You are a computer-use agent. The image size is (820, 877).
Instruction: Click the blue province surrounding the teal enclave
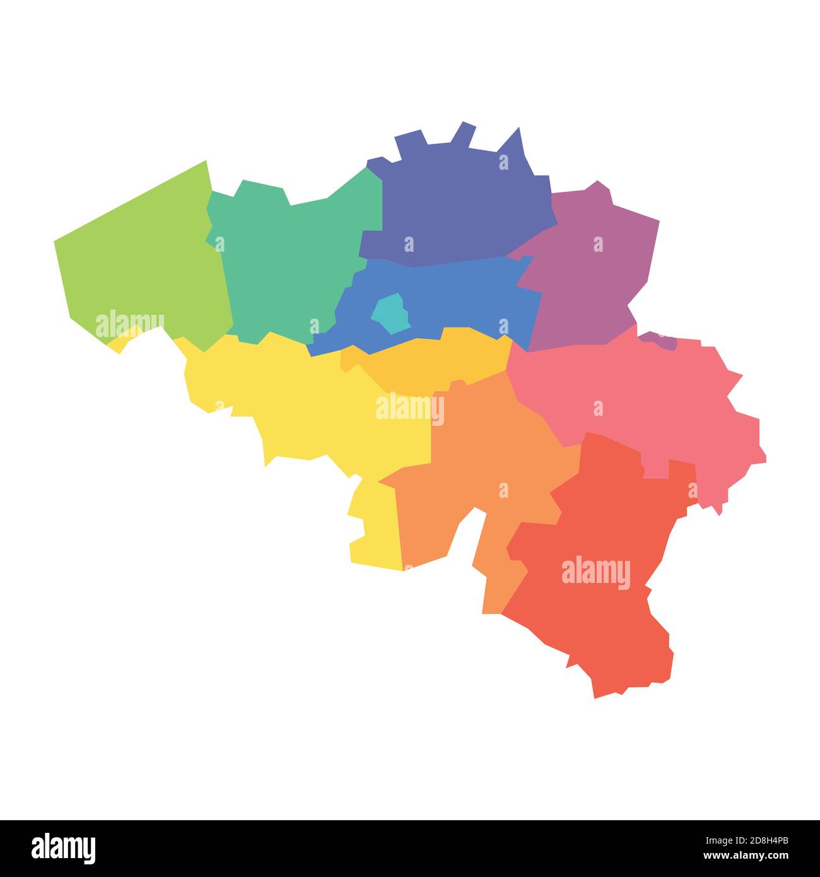point(454,297)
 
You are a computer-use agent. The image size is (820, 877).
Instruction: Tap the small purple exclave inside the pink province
point(659,341)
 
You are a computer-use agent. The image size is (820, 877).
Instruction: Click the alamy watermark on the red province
point(595,572)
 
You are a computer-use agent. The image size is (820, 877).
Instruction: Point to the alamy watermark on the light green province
point(130,324)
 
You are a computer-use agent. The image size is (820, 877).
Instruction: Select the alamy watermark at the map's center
point(410,408)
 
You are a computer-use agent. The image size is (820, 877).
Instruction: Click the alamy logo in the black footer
point(64,848)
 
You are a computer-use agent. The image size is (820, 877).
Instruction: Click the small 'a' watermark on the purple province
point(597,244)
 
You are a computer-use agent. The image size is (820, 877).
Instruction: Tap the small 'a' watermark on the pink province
point(597,408)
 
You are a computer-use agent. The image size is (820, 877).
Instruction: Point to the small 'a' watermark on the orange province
point(503,490)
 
